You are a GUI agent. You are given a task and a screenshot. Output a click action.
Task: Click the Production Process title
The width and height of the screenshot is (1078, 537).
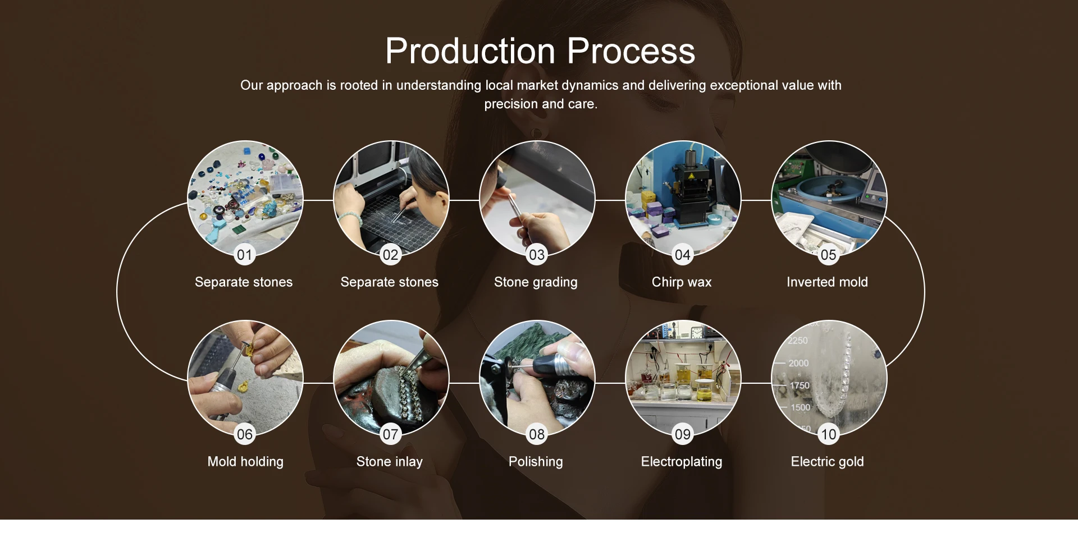pos(540,51)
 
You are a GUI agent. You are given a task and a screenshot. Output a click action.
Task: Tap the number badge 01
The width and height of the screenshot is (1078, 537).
pos(245,255)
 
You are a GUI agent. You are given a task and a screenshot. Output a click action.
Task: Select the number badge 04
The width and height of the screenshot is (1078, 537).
pos(683,255)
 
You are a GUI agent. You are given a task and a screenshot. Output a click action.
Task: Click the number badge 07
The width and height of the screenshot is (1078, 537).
pos(391,434)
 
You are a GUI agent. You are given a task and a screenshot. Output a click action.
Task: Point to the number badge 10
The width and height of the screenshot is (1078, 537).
pos(829,434)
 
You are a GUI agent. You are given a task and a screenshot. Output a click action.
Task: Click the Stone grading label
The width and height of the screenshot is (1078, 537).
pos(536,282)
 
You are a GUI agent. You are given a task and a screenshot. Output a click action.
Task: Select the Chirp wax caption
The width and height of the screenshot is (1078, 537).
pos(682,282)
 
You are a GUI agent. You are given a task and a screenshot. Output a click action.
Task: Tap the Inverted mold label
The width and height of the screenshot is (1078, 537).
pos(827,282)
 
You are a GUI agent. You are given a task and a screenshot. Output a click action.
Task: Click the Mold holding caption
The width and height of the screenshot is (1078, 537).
pos(245,462)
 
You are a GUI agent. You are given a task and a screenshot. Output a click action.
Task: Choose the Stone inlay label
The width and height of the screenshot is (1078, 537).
pos(390,462)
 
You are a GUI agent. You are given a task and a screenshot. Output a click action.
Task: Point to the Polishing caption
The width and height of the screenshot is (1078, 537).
pos(536,462)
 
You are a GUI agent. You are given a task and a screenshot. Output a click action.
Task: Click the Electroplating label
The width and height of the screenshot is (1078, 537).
pos(682,462)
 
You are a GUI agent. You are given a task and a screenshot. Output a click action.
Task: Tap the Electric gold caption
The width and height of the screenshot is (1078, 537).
pos(828,462)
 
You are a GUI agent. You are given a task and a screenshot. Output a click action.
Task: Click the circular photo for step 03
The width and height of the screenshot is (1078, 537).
pos(537,199)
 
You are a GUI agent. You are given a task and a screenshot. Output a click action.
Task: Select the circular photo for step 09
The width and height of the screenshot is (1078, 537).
pos(683,378)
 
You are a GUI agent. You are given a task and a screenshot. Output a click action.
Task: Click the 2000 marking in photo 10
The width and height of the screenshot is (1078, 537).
pos(798,363)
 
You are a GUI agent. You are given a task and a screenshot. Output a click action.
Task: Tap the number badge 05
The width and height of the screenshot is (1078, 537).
pos(829,255)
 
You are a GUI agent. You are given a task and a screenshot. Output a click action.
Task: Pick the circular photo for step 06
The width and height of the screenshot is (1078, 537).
pos(245,378)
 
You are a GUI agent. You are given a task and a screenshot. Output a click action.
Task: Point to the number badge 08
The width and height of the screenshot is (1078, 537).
pos(537,434)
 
